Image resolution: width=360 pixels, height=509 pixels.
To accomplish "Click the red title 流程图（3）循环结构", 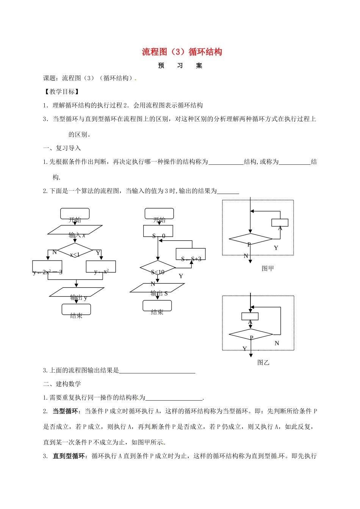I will pos(182,52).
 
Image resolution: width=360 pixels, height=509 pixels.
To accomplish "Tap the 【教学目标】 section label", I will pos(61,92).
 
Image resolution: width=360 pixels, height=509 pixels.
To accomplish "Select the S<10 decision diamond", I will pos(158,268).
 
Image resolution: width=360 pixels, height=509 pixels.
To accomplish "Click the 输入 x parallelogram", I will pos(75,230).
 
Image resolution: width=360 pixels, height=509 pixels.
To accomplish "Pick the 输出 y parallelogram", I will pos(77,292).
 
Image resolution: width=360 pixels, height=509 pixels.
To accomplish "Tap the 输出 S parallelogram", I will pos(157,288).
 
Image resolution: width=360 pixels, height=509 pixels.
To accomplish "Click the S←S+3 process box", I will pos(191,254).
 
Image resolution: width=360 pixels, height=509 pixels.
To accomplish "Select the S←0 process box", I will pos(158,231).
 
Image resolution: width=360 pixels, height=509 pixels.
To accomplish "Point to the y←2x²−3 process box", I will pos(47,267).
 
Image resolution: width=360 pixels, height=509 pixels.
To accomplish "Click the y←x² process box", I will pos(101,267).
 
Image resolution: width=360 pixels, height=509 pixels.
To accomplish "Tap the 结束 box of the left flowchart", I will pos(76,309).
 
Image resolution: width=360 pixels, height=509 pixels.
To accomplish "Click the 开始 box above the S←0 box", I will pos(159,214).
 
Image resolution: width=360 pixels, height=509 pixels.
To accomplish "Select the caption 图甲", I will pos(268,269).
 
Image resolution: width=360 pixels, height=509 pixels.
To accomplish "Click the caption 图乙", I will pos(263,362).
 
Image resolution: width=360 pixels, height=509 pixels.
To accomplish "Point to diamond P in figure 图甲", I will pos(250,239).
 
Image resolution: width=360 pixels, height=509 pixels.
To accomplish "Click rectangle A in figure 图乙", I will pos(250,316).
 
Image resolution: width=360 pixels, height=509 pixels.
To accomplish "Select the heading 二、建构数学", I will pos(62,384).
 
